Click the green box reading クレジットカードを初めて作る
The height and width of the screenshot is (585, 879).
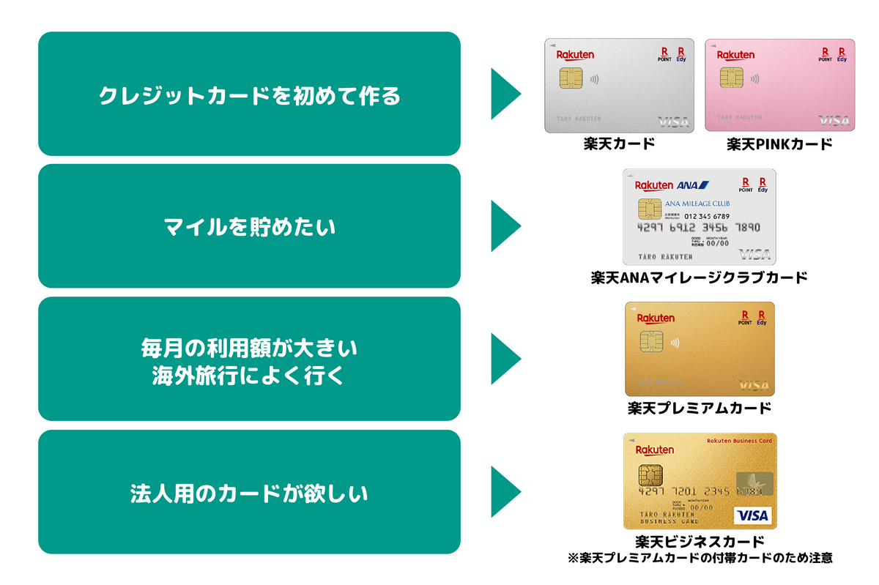click(x=249, y=94)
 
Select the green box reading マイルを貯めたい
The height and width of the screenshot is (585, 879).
click(x=249, y=226)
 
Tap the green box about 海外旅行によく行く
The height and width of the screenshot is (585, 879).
click(x=249, y=359)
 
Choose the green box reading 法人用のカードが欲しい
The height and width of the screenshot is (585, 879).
click(x=249, y=492)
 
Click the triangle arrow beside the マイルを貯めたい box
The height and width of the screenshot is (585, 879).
click(x=505, y=226)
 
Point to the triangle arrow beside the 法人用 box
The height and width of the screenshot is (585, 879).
click(x=505, y=492)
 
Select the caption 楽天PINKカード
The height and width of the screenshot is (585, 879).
click(x=779, y=144)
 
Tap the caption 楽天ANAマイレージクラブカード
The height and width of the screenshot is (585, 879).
click(x=699, y=277)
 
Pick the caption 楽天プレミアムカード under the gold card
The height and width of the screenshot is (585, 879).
click(x=699, y=408)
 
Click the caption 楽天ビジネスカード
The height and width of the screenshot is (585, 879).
click(x=700, y=542)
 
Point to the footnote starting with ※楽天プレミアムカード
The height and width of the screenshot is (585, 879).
click(x=700, y=558)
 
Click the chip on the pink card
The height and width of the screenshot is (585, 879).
click(x=731, y=78)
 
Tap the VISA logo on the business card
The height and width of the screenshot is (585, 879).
click(x=752, y=515)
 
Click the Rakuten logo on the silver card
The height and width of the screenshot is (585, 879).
click(x=575, y=55)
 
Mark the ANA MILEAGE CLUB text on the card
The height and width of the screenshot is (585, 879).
click(x=693, y=204)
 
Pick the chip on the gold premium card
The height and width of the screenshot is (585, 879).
click(x=651, y=341)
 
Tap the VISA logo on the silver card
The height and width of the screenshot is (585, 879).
click(x=672, y=122)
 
